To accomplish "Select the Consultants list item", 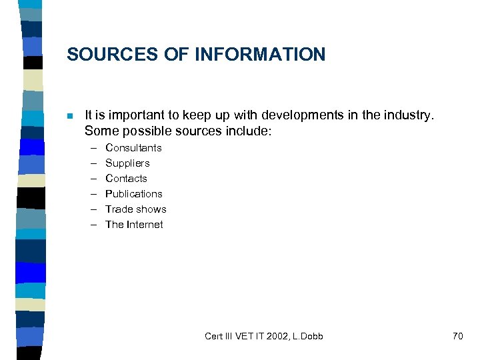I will pos(133,148).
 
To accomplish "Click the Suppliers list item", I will pos(127,163).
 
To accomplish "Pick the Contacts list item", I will pos(126,179).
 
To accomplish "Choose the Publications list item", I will pos(134,194).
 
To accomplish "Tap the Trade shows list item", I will pos(136,209).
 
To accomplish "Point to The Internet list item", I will pos(134,225).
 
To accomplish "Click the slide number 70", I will pos(457,336).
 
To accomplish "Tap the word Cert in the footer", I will pos(214,336).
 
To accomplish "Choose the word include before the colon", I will pos(248,131).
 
